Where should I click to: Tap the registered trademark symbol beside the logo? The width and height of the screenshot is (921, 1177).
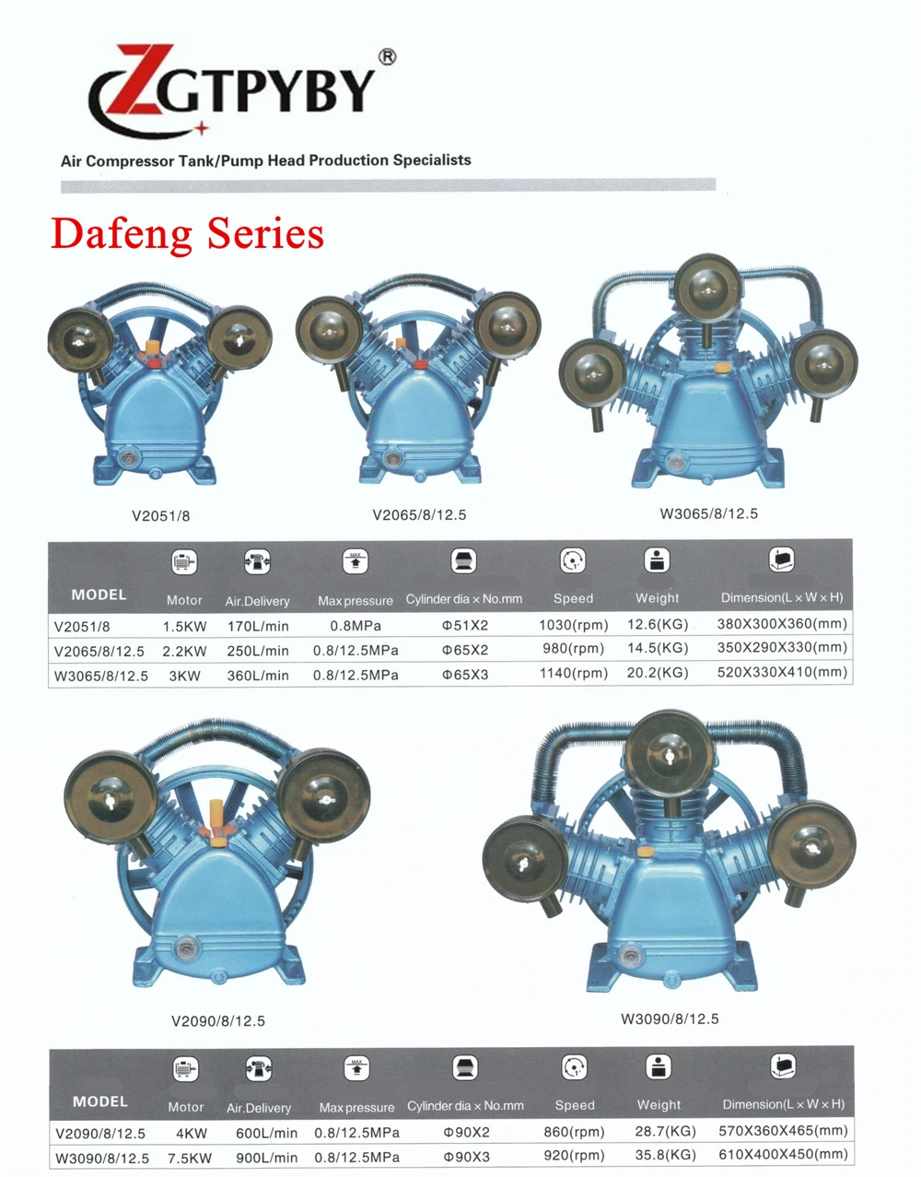(387, 57)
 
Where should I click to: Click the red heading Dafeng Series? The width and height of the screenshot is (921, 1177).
(187, 233)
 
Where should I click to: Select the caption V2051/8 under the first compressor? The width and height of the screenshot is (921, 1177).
(161, 515)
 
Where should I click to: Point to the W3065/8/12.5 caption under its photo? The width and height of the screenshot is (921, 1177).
(708, 513)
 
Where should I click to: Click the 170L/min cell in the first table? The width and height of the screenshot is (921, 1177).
(258, 626)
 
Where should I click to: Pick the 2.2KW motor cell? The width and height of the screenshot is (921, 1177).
(184, 651)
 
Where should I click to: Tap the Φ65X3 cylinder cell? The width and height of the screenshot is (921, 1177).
(465, 675)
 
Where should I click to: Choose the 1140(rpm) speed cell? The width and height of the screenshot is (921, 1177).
(574, 673)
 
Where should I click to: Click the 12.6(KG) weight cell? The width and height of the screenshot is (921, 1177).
(658, 625)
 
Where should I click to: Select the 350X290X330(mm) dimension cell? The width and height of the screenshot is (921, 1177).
(782, 647)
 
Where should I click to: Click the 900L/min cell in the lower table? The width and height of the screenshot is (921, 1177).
(267, 1158)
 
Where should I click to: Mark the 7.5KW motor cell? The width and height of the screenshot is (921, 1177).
(190, 1159)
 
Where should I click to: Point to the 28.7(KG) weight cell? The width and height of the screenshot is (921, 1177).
(665, 1131)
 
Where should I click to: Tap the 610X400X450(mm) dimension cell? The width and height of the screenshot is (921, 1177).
(783, 1154)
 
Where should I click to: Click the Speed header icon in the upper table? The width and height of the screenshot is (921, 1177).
(573, 560)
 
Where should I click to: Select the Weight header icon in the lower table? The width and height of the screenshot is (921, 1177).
(659, 1067)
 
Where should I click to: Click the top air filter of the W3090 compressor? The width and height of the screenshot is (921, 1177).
(669, 755)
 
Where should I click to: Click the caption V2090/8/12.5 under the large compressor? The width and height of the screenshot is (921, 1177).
(218, 1021)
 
